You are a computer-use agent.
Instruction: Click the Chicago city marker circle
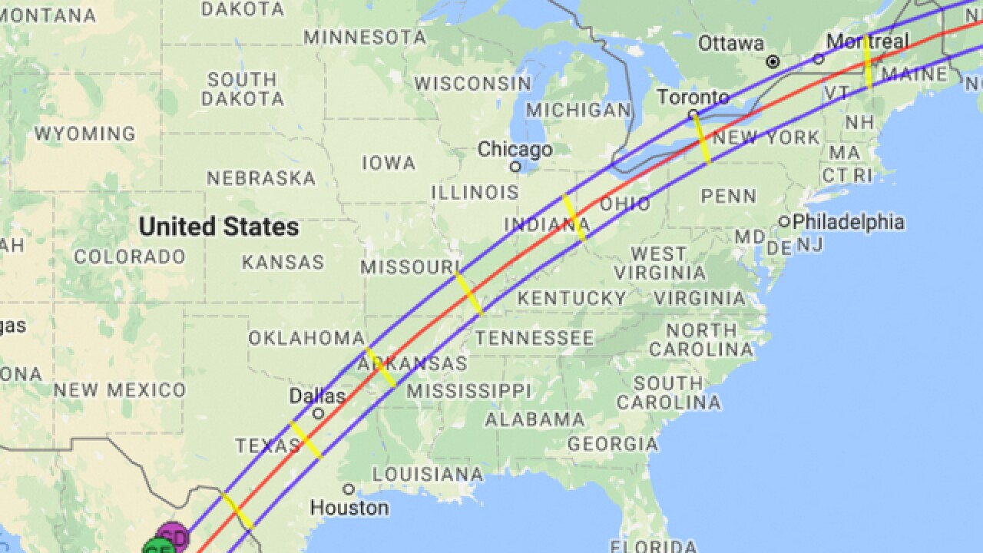tap(515, 166)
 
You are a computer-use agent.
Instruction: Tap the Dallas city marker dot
tap(318, 413)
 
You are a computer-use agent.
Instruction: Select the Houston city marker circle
tap(349, 489)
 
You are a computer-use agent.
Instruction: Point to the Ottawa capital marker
tap(773, 61)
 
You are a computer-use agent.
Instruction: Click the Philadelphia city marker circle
tap(784, 222)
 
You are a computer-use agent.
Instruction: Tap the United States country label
tap(219, 227)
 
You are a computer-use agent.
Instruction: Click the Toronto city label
tap(693, 97)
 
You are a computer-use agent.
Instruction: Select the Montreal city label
tap(866, 41)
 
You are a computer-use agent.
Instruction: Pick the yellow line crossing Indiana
tap(574, 218)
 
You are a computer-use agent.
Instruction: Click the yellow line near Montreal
tap(867, 61)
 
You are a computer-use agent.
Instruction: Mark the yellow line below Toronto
tap(701, 138)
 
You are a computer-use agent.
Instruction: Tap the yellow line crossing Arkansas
tap(380, 367)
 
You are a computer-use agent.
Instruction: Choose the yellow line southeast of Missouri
tap(468, 293)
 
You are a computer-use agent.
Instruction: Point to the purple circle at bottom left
tap(173, 536)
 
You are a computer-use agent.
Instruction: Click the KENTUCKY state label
tap(571, 298)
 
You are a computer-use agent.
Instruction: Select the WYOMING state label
tap(84, 134)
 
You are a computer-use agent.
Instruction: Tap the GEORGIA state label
tap(613, 444)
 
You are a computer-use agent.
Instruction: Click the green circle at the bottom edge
tap(157, 547)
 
